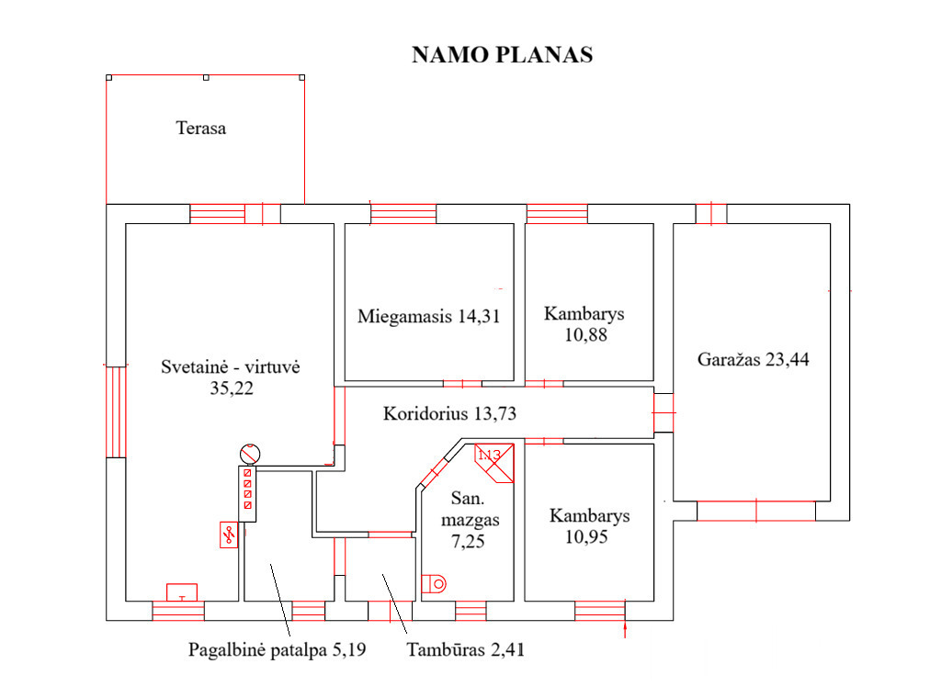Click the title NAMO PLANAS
click(x=503, y=54)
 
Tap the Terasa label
click(x=201, y=128)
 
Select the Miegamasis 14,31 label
click(x=429, y=316)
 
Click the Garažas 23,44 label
click(x=754, y=359)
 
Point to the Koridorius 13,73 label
click(x=449, y=413)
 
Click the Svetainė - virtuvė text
click(x=231, y=366)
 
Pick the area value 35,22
click(x=232, y=388)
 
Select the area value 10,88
click(x=585, y=335)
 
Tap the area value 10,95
click(x=586, y=537)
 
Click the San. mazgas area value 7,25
click(x=468, y=541)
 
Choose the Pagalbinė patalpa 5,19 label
click(x=277, y=650)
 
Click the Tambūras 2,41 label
click(x=466, y=650)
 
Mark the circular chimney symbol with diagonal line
click(x=250, y=455)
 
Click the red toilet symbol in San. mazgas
click(x=434, y=583)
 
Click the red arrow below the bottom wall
click(x=626, y=629)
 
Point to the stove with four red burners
click(x=247, y=494)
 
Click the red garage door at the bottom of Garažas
click(x=756, y=511)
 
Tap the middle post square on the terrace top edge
click(x=206, y=78)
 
